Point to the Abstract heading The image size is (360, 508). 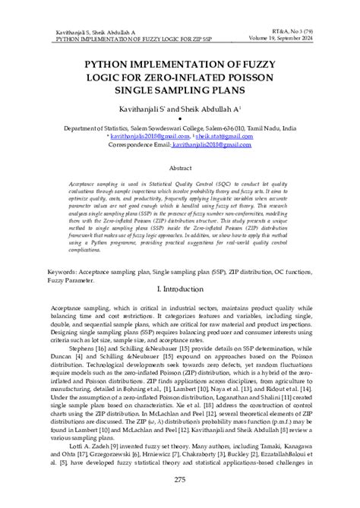point(180,167)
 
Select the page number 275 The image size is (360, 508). point(180,478)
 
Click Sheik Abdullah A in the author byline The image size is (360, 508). point(212,111)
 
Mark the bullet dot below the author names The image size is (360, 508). point(180,120)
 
